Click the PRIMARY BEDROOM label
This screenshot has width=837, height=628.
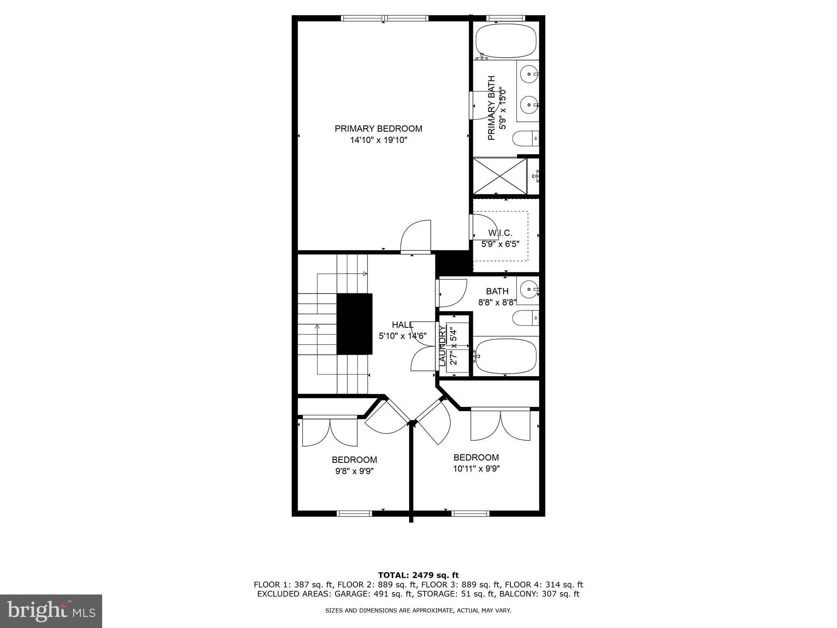point(378,129)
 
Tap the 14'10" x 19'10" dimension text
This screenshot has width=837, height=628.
point(378,140)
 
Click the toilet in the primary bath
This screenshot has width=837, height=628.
point(525,139)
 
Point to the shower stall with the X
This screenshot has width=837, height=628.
point(499,176)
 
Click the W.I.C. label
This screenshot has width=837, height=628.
point(500,233)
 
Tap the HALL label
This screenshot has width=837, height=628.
point(403,325)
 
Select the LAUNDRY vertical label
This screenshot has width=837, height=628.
point(442,346)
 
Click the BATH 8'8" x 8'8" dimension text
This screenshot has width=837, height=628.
point(497,303)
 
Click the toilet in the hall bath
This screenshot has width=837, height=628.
point(525,318)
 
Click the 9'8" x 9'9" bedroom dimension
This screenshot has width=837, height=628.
point(354,471)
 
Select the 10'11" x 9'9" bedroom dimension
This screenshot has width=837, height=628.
point(476,469)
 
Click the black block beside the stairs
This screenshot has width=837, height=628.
point(354,324)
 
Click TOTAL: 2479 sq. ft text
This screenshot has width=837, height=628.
point(418,576)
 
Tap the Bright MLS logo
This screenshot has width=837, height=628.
point(51,611)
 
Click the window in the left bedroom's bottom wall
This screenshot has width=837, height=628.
point(354,514)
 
